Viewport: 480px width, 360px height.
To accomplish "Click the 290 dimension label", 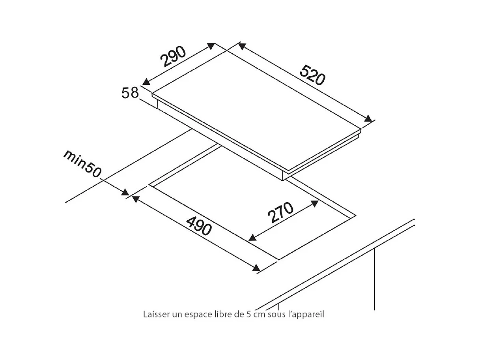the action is point(173,57).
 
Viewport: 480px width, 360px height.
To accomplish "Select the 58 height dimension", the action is point(130,93).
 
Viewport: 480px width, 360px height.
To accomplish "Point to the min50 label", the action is point(82,163).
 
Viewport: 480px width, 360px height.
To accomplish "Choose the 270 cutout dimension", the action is point(281,213).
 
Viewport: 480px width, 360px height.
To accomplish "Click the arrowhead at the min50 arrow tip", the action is point(125,193).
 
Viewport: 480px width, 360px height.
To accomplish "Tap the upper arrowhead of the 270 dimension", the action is point(315,203).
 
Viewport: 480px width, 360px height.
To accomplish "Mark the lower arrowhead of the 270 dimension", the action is point(252,238).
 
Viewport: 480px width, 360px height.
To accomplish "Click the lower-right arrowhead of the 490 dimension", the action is point(256,268).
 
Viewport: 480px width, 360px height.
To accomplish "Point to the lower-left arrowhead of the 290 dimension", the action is point(146,81).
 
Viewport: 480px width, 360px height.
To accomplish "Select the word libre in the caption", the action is point(222,315).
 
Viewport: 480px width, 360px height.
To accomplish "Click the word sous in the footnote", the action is point(275,315).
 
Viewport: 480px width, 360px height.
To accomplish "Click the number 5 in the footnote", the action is point(248,315).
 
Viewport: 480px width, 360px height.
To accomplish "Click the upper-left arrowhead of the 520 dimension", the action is point(241,46).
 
